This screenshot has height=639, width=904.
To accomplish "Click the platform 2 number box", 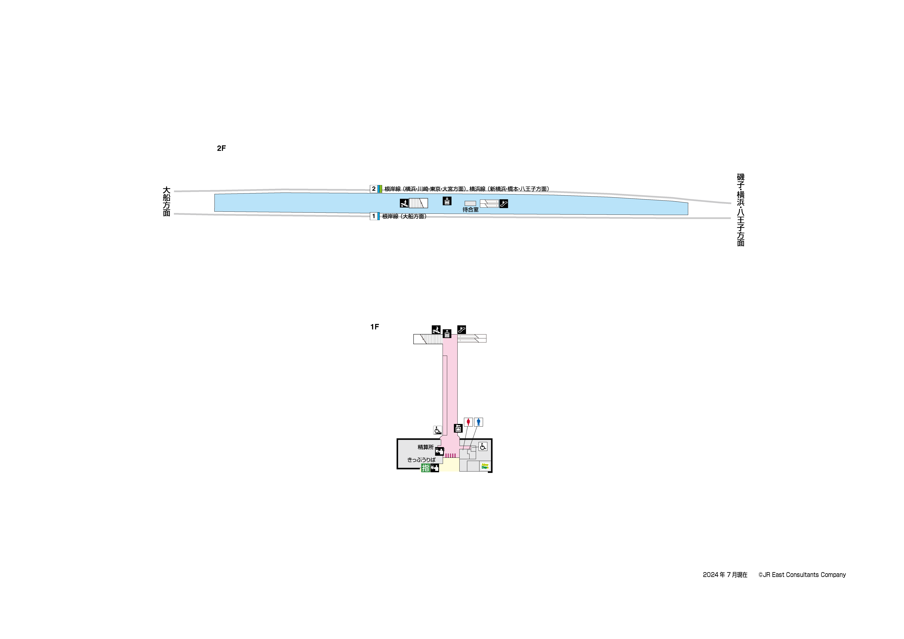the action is (x=374, y=189).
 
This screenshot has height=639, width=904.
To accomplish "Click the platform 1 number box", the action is (x=374, y=216).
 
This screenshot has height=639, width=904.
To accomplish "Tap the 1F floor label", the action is (x=374, y=327).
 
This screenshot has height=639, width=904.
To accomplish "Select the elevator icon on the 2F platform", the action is (x=447, y=201).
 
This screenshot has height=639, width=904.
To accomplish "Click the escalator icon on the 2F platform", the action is (x=504, y=204).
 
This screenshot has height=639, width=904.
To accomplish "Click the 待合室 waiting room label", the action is (x=471, y=210).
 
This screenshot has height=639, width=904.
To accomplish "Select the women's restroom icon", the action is (x=468, y=422).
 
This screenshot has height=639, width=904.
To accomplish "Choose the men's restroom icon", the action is (x=478, y=422).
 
